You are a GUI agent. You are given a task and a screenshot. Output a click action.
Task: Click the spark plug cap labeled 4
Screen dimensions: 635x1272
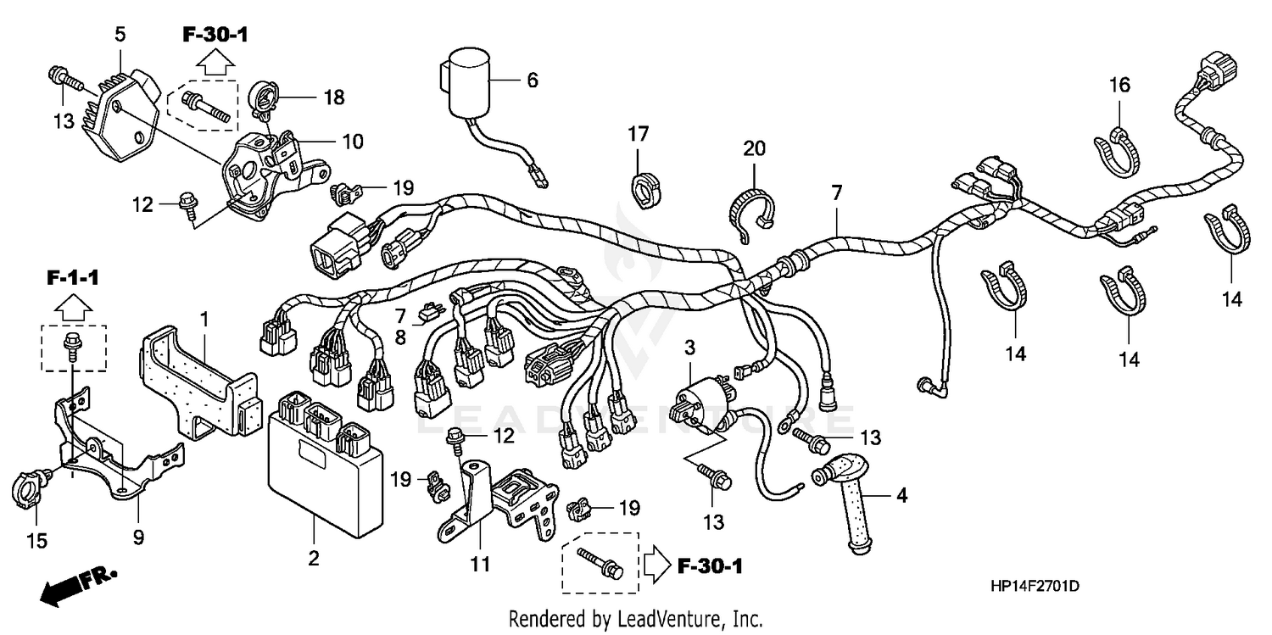(x=852, y=504)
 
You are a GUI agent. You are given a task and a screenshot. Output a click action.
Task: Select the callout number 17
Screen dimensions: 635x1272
(x=638, y=133)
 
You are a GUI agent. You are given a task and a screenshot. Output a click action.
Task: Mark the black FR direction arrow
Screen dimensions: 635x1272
(x=59, y=587)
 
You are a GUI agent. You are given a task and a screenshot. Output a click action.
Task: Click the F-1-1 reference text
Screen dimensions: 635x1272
(x=72, y=276)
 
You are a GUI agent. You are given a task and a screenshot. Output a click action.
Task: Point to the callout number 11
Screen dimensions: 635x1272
(x=480, y=563)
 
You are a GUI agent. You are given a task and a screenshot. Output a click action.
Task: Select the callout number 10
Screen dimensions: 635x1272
(x=353, y=141)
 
